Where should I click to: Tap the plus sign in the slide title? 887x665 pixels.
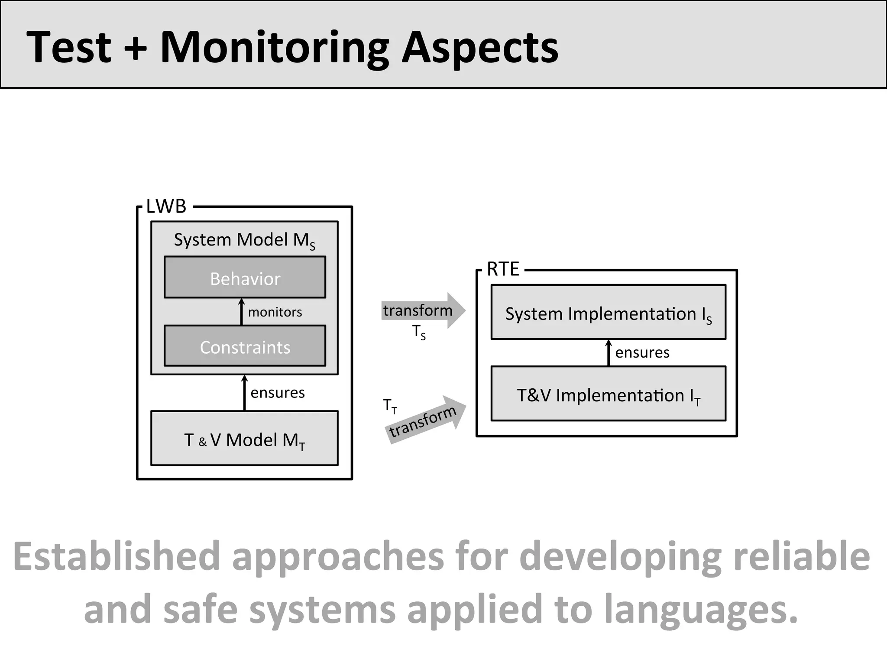click(x=136, y=48)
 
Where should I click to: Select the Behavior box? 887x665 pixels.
click(x=245, y=278)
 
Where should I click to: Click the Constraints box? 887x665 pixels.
click(x=245, y=346)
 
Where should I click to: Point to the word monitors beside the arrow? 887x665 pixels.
click(x=275, y=312)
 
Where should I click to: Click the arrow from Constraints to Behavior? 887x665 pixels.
click(x=242, y=312)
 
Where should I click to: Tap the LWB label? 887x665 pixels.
click(x=166, y=207)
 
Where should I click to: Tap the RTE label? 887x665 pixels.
click(x=502, y=269)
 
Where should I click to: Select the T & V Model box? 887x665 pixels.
click(x=244, y=439)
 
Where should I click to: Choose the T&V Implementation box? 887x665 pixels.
click(x=608, y=394)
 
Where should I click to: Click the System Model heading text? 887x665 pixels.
click(x=244, y=240)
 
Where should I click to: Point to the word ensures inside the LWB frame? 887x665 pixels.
click(x=277, y=393)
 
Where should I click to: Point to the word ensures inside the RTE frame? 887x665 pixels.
click(x=642, y=353)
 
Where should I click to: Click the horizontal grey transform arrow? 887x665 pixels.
click(x=422, y=310)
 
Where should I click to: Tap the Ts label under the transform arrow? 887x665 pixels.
click(x=419, y=332)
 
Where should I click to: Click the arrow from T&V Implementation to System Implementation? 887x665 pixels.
click(x=609, y=353)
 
